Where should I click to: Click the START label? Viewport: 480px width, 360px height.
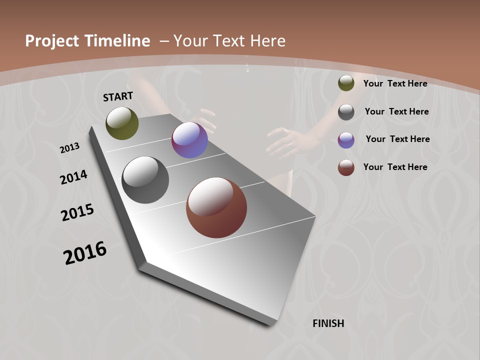(118, 96)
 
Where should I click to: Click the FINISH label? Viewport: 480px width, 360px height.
(328, 323)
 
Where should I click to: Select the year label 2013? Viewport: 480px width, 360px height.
(70, 147)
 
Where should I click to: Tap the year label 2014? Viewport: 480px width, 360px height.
(74, 177)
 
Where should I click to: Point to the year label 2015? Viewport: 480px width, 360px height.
(77, 212)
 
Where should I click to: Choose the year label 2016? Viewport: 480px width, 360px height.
(85, 252)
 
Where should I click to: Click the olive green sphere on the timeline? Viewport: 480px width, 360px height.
(122, 123)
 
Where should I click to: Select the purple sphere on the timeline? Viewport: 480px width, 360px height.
(189, 140)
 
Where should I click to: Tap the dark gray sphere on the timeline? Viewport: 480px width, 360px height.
(145, 180)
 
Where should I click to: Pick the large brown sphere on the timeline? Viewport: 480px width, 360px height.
(216, 207)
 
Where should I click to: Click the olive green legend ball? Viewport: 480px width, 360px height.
(346, 83)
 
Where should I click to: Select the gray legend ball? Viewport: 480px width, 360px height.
(346, 112)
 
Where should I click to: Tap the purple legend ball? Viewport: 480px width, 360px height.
(346, 140)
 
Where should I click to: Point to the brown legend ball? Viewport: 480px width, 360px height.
(346, 167)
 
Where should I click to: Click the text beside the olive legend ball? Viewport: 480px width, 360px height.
(395, 83)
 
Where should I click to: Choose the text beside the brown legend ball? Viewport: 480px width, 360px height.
(395, 167)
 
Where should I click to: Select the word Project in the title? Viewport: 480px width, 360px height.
(52, 41)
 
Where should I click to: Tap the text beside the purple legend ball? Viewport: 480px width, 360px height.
(398, 139)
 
